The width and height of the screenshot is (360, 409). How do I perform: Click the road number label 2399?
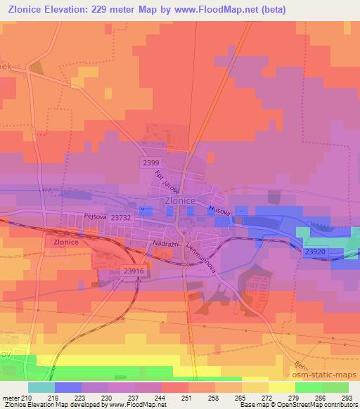click(149, 162)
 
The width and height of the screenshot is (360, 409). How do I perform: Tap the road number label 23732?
click(122, 219)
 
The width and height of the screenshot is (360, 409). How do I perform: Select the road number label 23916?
click(133, 271)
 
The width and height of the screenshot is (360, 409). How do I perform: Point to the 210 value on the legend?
click(27, 398)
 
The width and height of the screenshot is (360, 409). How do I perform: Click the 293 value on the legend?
click(347, 398)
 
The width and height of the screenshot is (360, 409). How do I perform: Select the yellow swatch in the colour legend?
click(282, 387)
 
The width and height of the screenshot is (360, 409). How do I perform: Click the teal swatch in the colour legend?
click(41, 387)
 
